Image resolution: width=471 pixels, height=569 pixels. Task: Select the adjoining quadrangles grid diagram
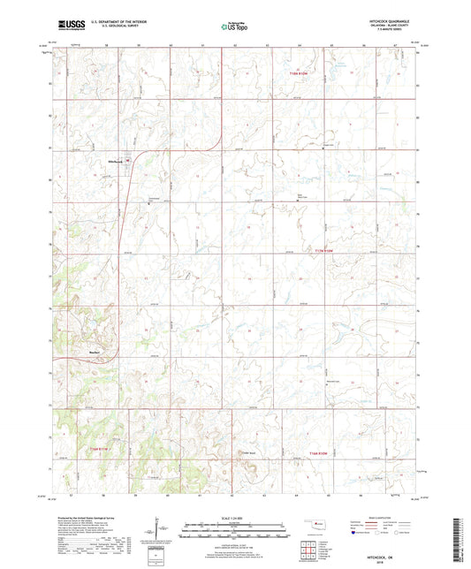[x=310, y=550]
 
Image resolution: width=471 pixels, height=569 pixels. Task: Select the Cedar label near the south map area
[x=248, y=454]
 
